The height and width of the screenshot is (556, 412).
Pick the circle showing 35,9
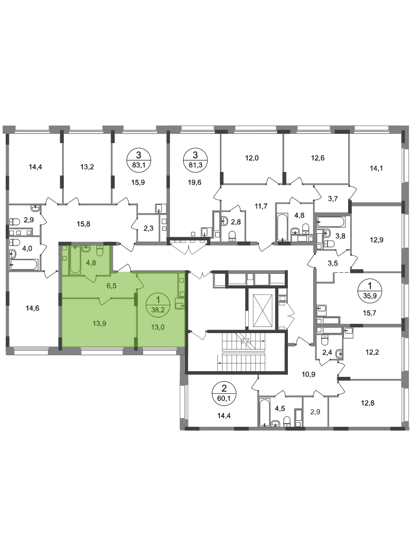(x=370, y=290)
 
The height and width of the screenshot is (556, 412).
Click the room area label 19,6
(x=195, y=183)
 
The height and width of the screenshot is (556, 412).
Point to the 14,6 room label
(x=32, y=308)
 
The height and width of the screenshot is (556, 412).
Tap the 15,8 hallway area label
(x=83, y=224)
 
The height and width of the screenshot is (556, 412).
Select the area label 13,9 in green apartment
(x=100, y=323)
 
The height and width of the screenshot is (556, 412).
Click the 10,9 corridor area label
(x=308, y=374)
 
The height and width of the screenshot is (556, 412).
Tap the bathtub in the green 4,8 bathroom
(x=75, y=260)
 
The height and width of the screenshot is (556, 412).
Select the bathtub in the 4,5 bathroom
(x=265, y=413)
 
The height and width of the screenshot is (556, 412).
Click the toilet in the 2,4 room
(x=324, y=340)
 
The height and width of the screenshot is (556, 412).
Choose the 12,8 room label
(x=368, y=403)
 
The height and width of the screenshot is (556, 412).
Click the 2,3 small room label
(x=148, y=229)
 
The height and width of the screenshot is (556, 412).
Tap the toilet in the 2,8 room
(x=232, y=235)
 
